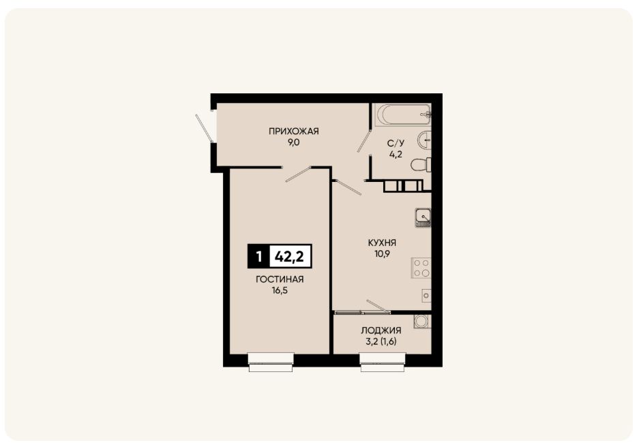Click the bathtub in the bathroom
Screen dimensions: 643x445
(x=404, y=115)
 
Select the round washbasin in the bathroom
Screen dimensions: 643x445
(x=424, y=140)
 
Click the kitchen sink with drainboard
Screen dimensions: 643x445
(x=423, y=217)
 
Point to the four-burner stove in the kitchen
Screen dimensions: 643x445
(x=421, y=268)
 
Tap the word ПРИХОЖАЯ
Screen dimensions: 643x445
(x=294, y=132)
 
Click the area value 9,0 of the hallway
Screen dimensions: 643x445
(x=294, y=143)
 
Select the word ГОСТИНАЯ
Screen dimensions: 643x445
(x=280, y=279)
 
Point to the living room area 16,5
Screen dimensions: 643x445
(x=280, y=291)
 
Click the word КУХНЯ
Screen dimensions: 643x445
(x=382, y=243)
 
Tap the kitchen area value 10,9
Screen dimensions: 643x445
(x=382, y=254)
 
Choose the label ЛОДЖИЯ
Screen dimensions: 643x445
(x=381, y=331)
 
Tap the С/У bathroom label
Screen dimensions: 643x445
(x=395, y=143)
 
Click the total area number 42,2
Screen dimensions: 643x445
(x=290, y=256)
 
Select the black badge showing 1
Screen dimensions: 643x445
(x=258, y=256)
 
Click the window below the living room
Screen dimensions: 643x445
(x=271, y=363)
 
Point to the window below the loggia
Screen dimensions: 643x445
(x=383, y=363)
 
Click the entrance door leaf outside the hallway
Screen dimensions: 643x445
(x=204, y=128)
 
